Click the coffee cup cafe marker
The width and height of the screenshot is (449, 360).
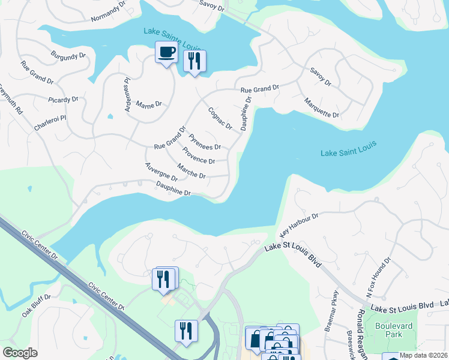point(166,52)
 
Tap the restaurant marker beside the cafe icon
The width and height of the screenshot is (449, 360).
point(194,61)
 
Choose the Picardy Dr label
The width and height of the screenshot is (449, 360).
point(63,100)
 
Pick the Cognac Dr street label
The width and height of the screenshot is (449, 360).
point(220,118)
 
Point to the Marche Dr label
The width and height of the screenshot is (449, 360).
point(191,171)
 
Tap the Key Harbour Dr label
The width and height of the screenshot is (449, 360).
point(298,224)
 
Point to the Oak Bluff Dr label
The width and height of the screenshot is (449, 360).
point(37,305)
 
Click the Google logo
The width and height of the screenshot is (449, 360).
point(20,353)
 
